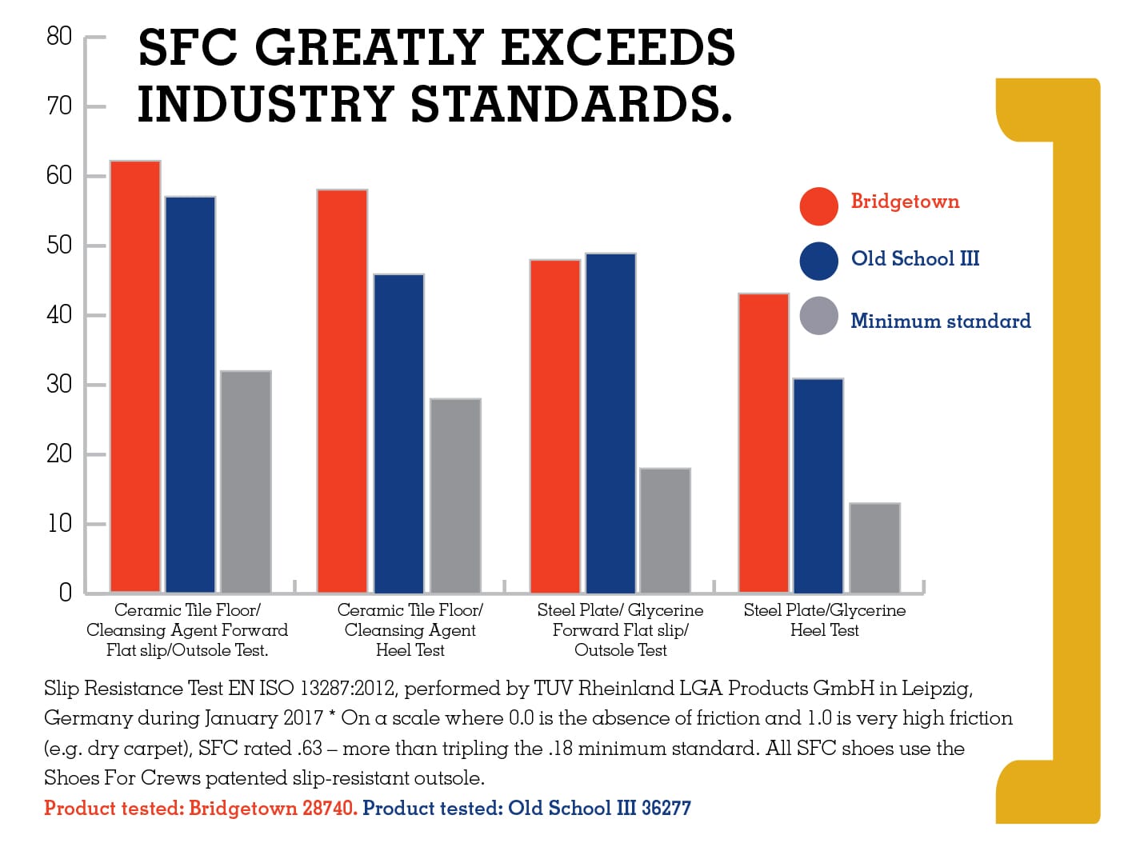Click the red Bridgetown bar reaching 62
coord(135,376)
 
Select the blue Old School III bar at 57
coord(190,394)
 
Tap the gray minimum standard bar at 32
coord(246,481)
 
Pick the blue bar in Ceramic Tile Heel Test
coord(398,433)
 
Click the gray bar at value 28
coord(455,495)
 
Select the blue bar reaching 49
coord(610,422)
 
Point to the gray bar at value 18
coord(665,530)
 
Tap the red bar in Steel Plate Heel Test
coord(763,443)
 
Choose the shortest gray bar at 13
coord(874,548)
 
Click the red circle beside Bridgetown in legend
coord(818,206)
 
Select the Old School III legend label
coord(914,258)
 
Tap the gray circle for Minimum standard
coord(818,316)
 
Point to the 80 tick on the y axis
coord(59,36)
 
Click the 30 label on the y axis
coord(59,385)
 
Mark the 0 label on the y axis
coord(65,593)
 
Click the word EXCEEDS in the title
coord(617,47)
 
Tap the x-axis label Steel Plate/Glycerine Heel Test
coord(824,620)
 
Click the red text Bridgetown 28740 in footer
coord(273,808)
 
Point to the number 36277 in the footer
coord(666,808)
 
